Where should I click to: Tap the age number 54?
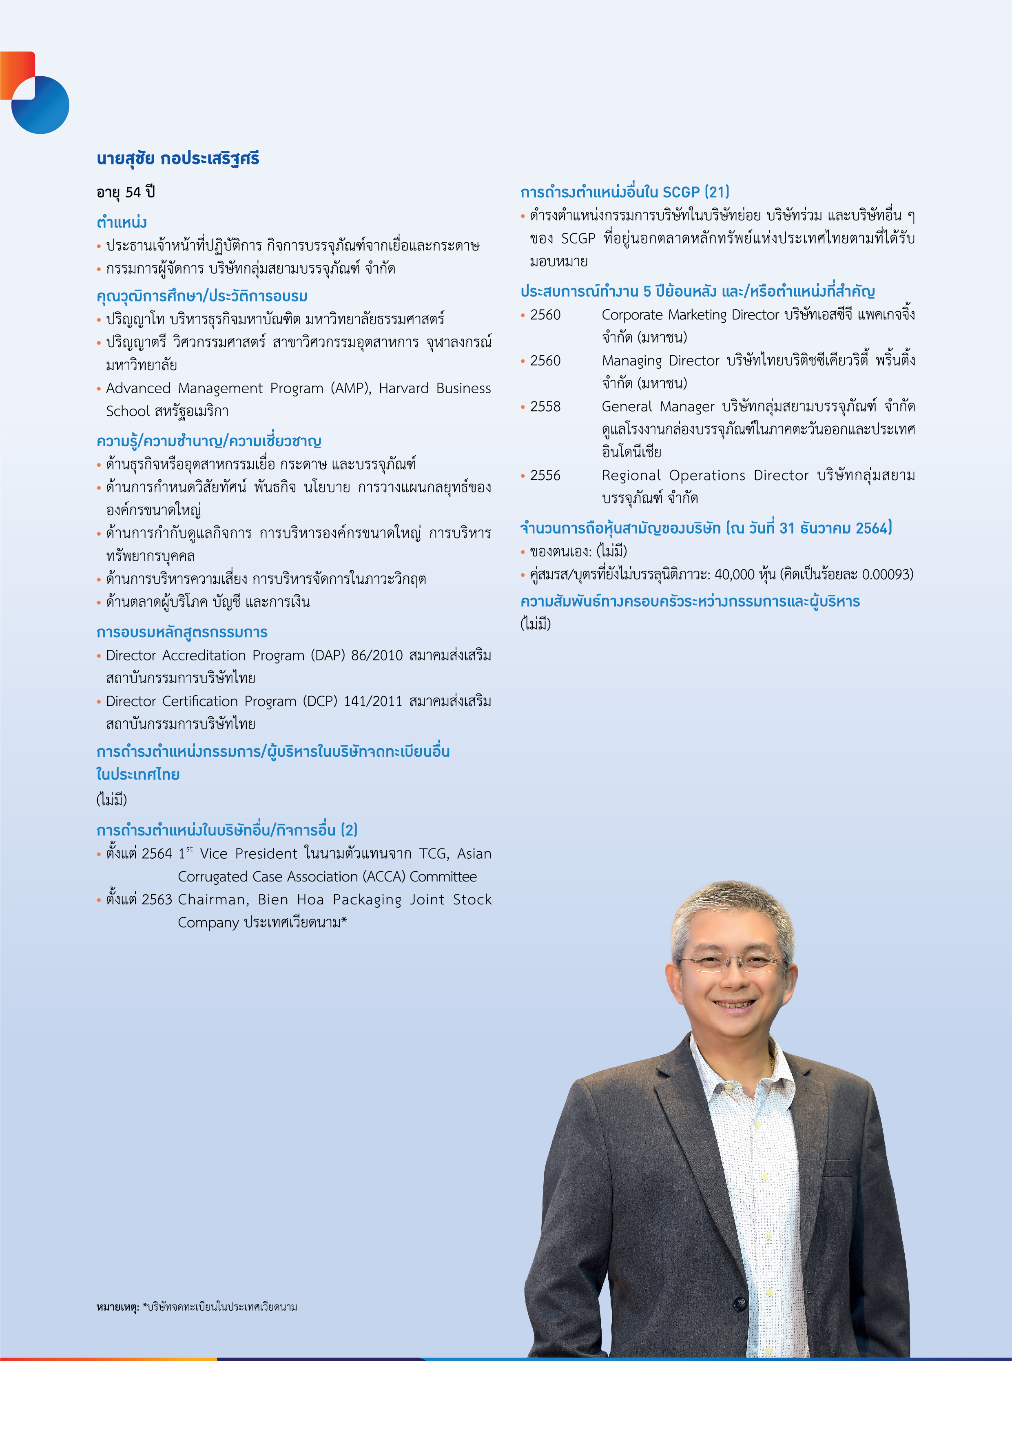point(133,193)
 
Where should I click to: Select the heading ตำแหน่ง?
point(122,222)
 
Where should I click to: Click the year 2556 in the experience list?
point(545,476)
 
